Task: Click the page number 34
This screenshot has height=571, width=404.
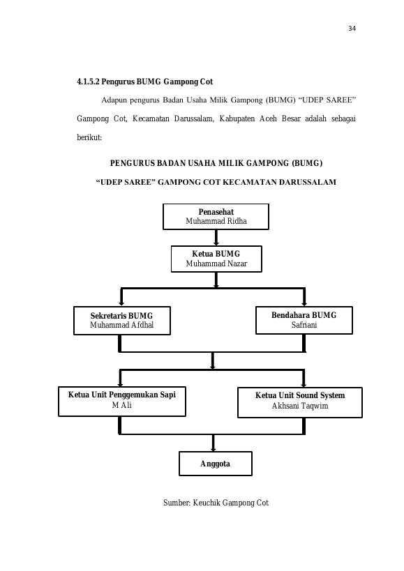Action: tap(352, 29)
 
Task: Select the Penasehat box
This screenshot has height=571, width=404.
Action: tap(216, 217)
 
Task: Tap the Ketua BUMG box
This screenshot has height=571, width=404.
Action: tap(216, 259)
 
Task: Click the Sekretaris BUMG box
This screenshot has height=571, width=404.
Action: tap(122, 321)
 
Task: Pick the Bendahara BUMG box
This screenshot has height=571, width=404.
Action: tap(304, 320)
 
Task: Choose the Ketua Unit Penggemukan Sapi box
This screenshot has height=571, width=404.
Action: tap(122, 402)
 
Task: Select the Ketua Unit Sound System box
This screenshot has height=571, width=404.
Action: tap(300, 402)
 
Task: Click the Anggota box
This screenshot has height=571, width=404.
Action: tap(216, 464)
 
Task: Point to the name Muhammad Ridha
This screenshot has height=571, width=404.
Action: tap(216, 221)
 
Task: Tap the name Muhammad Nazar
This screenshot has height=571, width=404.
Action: tap(216, 264)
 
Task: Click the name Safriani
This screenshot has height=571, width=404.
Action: tap(304, 325)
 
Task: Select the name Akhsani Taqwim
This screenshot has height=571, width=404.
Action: tap(300, 406)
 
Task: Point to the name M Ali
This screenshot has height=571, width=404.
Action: tap(121, 405)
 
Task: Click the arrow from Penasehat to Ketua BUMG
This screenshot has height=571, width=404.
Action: tap(216, 238)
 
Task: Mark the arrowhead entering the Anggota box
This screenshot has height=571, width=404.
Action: tap(213, 450)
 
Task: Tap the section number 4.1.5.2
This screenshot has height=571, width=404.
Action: tap(88, 82)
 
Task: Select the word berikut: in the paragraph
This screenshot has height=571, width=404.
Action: tap(89, 137)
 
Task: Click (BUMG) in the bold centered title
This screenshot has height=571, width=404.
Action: tap(307, 163)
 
